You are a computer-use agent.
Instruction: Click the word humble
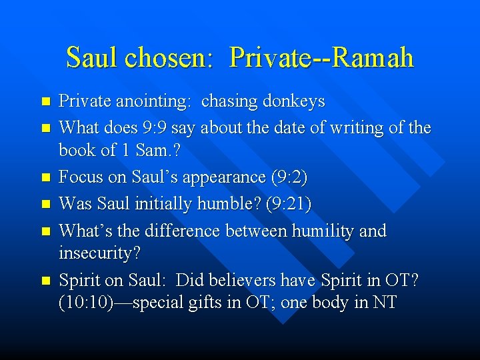[x=227, y=204]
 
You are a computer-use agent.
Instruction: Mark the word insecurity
[x=99, y=255]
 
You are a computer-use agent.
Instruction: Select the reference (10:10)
[x=85, y=303]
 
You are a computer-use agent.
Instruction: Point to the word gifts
[x=202, y=303]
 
